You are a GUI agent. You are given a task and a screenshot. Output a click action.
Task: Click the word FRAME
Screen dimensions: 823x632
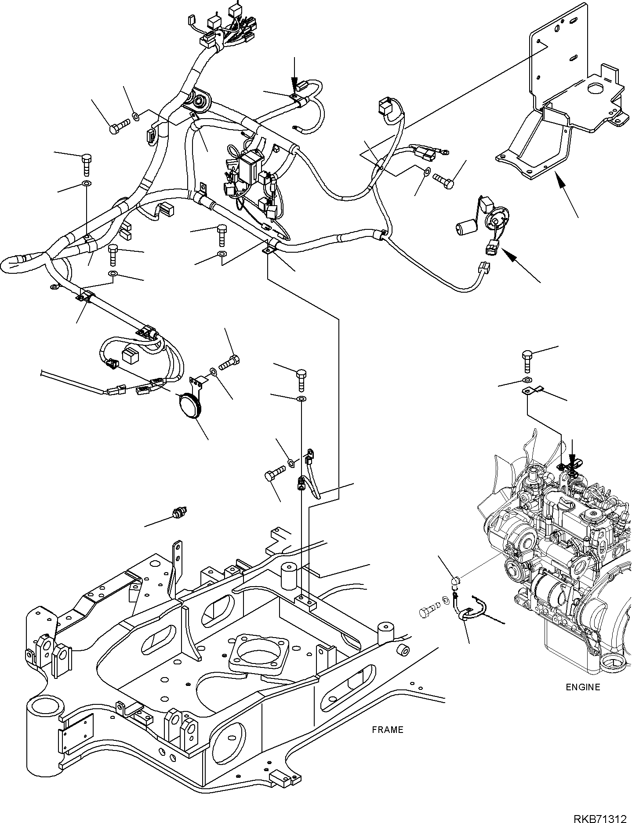coord(387,729)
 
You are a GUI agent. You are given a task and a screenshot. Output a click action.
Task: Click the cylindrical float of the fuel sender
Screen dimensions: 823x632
coord(465,228)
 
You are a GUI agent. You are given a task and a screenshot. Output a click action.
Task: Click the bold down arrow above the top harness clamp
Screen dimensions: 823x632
coord(294,75)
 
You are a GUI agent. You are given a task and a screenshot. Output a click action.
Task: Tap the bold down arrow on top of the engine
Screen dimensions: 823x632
coord(572,457)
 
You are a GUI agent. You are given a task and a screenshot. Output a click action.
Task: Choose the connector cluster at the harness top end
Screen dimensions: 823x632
coord(229,29)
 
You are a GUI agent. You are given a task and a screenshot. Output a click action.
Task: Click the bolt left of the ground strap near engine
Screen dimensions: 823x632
coord(428,612)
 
